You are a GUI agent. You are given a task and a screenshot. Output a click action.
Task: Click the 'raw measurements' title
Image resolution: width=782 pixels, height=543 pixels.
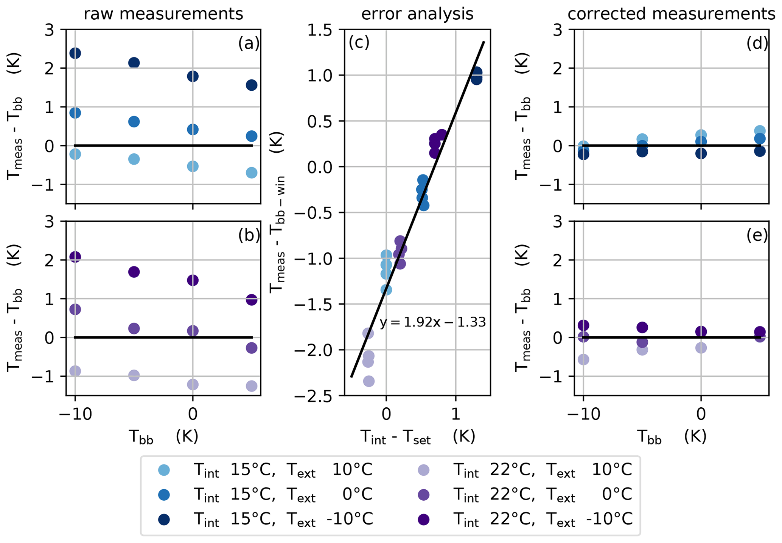coord(163,14)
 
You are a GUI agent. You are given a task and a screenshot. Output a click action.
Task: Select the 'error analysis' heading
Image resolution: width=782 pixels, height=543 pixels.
coord(417,14)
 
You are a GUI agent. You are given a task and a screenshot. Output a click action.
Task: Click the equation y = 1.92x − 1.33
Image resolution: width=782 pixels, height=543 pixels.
coord(432,322)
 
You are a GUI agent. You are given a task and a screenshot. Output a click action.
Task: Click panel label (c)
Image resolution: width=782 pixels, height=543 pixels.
coord(359,43)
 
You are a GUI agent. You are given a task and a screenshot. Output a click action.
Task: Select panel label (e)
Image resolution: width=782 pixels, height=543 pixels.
coord(757,235)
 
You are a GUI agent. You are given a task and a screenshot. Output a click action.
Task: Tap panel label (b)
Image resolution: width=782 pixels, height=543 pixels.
coord(249,235)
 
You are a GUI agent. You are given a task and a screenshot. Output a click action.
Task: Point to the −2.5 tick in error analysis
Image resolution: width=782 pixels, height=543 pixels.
coord(318,396)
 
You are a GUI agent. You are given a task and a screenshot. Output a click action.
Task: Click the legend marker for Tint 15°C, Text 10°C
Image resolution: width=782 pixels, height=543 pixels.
coord(163,470)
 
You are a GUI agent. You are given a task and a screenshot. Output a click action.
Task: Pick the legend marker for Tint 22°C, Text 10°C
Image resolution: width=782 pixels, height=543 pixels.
coord(424,470)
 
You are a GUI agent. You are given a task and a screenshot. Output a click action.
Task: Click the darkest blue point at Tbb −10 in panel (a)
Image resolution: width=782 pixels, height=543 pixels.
coord(75,53)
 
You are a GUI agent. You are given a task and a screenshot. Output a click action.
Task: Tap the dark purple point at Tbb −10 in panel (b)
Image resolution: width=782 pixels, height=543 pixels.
coord(75,257)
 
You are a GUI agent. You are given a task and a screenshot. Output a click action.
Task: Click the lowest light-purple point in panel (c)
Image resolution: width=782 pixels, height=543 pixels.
coord(369,381)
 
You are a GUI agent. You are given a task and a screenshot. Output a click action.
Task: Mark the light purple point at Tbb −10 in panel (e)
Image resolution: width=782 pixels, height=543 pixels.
coord(583,359)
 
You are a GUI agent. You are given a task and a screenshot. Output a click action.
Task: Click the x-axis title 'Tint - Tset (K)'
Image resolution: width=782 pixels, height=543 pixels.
coord(417,438)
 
